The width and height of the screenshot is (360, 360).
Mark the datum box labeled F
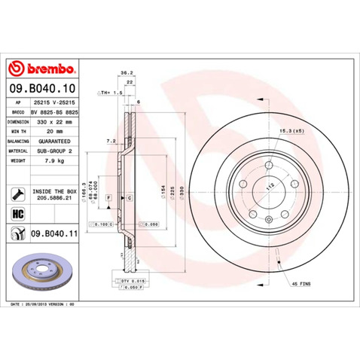pos(109,197)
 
